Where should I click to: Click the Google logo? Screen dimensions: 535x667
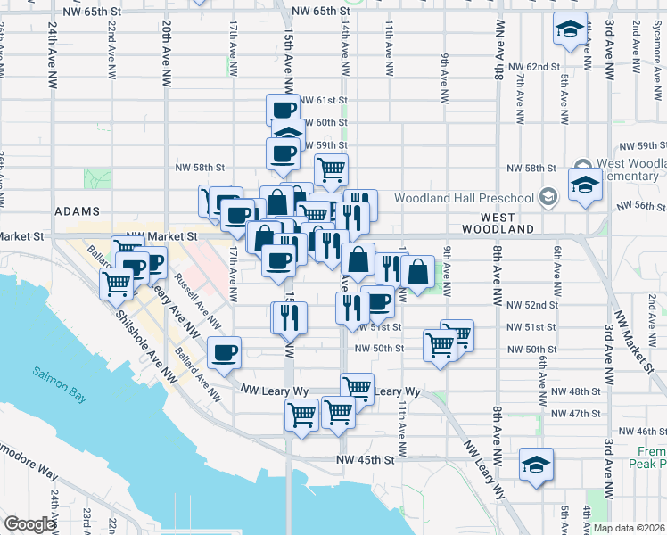29,524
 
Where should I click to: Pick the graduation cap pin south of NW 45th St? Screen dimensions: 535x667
537,466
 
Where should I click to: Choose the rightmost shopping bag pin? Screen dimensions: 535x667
417,271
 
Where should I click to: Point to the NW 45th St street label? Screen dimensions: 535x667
365,460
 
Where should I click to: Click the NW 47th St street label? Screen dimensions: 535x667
570,414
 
